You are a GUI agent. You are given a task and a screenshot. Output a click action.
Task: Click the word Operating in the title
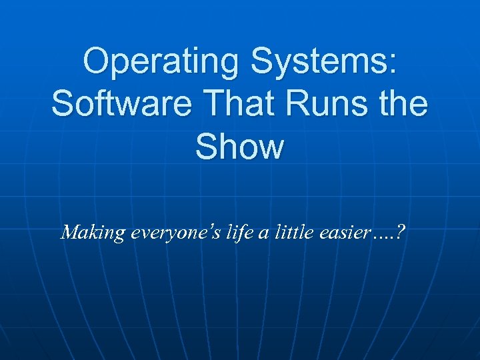160,63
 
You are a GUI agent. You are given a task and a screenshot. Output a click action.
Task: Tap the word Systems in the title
323,63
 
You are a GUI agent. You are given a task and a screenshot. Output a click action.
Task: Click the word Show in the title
239,147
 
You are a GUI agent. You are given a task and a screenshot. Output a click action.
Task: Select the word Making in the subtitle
93,233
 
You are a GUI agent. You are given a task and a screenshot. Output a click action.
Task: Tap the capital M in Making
70,232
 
